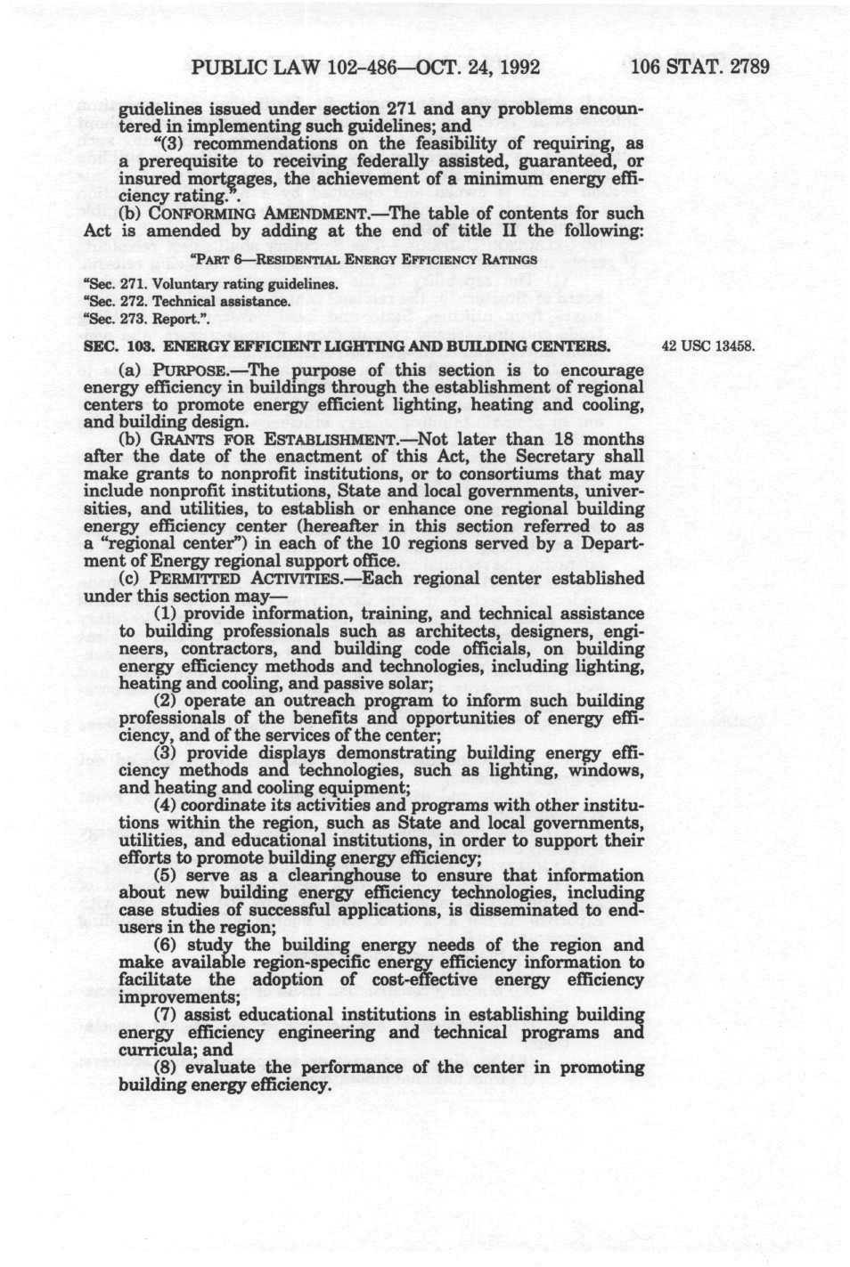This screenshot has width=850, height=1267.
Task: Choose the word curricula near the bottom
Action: click(149, 1050)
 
